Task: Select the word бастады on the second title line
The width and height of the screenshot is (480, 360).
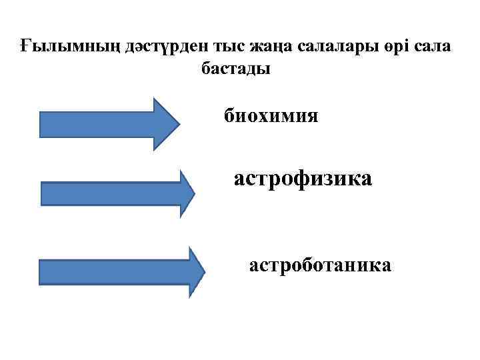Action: [236, 69]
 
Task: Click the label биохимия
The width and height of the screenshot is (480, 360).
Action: [271, 117]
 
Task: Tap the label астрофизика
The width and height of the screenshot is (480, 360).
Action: [303, 179]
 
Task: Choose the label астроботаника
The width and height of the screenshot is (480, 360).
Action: [320, 266]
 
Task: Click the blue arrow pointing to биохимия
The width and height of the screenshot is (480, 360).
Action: [107, 124]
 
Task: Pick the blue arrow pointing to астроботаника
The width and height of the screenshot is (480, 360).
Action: [120, 272]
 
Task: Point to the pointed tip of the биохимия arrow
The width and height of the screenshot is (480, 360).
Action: [178, 124]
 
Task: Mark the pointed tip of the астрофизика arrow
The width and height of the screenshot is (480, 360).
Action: [193, 193]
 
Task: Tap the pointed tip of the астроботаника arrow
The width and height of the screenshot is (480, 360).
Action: [205, 272]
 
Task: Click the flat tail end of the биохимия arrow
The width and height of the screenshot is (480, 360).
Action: [41, 124]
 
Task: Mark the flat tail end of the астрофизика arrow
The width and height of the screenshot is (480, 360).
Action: [43, 193]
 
